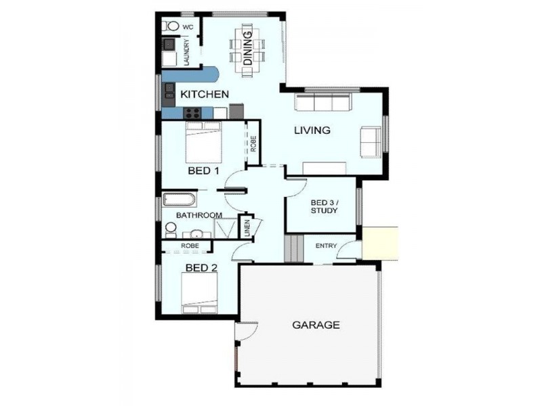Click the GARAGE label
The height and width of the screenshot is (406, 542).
point(316,325)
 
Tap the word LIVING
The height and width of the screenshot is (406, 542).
point(312,130)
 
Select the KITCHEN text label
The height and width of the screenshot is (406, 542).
point(203,94)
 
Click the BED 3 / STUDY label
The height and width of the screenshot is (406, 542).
point(324,206)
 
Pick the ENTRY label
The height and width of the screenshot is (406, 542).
point(327,245)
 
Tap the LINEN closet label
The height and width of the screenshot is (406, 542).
point(247,229)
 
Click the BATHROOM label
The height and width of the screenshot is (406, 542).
point(199,215)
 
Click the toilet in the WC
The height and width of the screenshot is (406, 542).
point(170,26)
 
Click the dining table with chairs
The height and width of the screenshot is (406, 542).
point(247,47)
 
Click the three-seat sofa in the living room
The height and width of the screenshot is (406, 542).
point(322,103)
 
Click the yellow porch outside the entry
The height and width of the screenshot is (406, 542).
point(380,243)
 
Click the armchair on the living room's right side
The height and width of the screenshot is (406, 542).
point(371,141)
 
